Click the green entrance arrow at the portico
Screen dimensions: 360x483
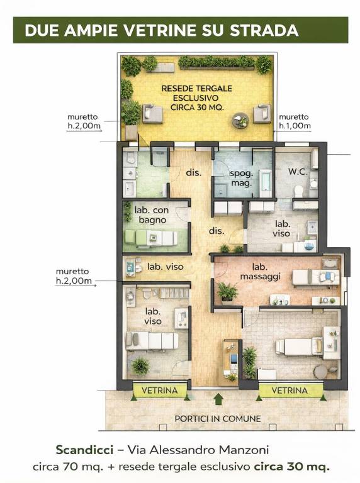218,399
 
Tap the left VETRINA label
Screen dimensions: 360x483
159,391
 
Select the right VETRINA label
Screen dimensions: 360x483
290,391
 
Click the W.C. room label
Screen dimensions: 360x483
298,172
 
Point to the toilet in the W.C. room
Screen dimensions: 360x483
299,191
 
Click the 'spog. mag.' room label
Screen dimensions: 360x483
241,179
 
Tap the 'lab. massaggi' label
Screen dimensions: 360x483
260,272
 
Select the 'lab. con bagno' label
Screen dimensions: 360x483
152,215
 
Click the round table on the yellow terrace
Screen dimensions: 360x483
240,120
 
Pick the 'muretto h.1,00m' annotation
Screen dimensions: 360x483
295,121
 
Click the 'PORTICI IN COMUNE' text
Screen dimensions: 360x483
218,419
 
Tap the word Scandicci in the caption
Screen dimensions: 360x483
84,450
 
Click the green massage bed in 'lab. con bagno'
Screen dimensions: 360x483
151,238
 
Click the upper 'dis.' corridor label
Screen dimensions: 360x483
194,172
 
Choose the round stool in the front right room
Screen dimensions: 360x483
320,371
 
